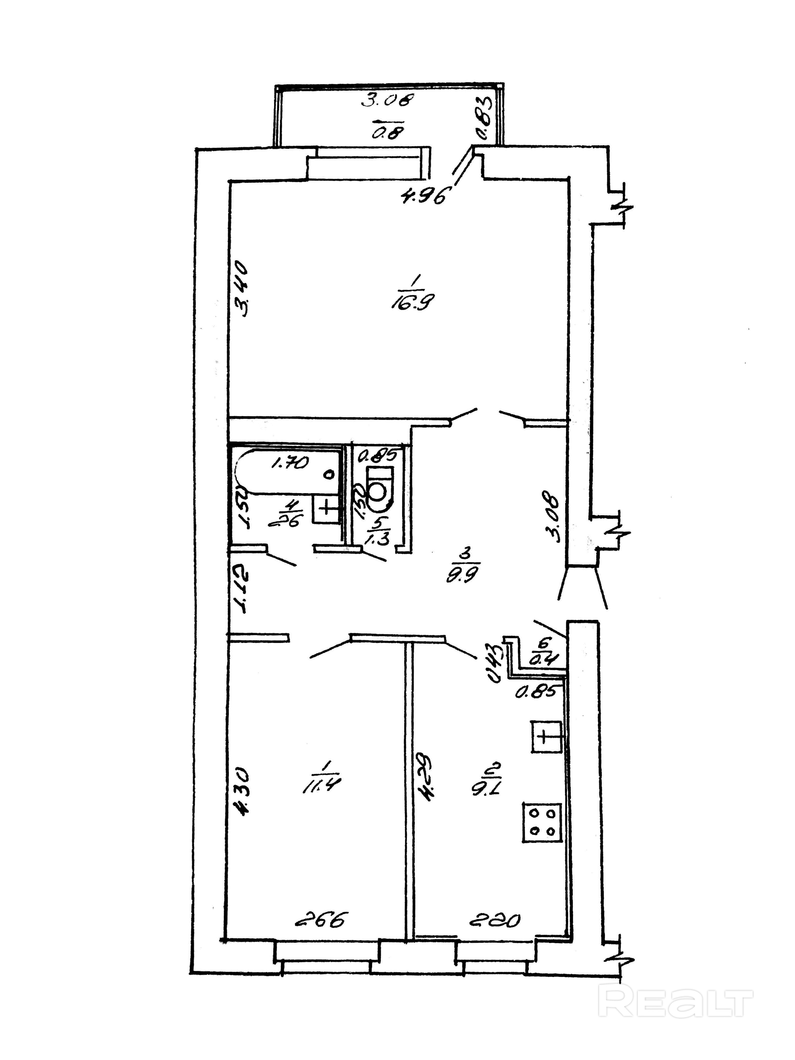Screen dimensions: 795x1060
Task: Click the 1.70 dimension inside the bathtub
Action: click(291, 462)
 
